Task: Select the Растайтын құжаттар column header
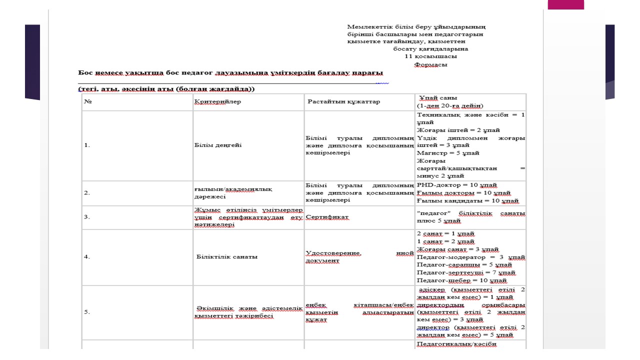pyautogui.click(x=343, y=102)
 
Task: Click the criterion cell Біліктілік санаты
pyautogui.click(x=227, y=257)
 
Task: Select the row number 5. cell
pyautogui.click(x=87, y=312)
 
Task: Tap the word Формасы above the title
pyautogui.click(x=430, y=64)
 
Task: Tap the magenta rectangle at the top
pyautogui.click(x=565, y=4)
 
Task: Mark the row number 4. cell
pyautogui.click(x=87, y=257)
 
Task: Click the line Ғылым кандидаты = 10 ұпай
pyautogui.click(x=467, y=201)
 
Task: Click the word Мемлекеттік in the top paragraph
pyautogui.click(x=368, y=26)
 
